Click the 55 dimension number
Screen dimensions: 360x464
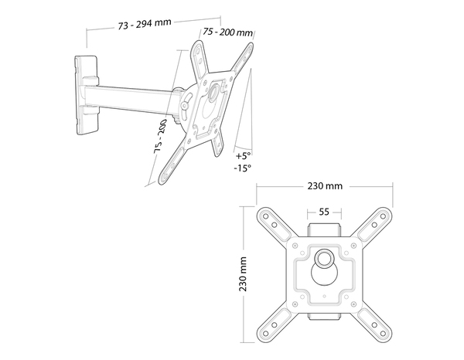[324, 211]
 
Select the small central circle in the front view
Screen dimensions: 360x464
[324, 256]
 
